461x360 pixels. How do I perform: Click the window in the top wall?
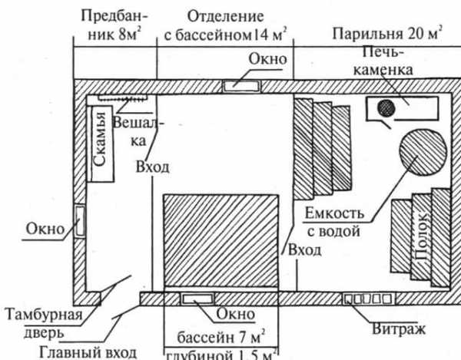[x=241, y=85]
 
